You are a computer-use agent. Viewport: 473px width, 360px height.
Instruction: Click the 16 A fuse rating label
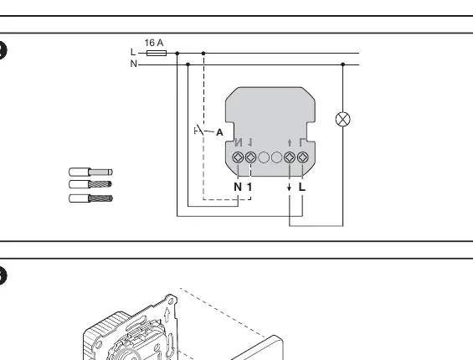point(154,43)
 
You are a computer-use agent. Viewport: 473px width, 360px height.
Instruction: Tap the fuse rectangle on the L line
point(157,53)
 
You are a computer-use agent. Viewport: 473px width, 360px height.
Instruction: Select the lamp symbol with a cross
point(343,119)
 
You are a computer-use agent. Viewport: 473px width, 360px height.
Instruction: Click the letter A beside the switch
point(219,132)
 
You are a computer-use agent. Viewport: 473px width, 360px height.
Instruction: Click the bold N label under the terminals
point(238,187)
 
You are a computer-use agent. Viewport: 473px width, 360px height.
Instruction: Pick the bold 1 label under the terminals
point(249,187)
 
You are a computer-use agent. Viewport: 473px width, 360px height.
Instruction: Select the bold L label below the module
point(302,187)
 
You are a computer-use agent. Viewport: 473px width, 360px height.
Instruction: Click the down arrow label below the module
point(290,187)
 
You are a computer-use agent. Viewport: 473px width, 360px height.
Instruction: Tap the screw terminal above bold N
point(238,157)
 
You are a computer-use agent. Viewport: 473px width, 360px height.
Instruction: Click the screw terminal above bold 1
point(250,157)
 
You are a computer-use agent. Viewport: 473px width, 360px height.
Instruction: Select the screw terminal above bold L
point(302,157)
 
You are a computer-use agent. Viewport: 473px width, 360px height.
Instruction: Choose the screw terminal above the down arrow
point(290,157)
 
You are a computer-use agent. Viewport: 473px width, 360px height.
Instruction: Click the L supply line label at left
point(133,52)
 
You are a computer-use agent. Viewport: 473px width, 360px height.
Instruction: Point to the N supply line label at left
point(134,64)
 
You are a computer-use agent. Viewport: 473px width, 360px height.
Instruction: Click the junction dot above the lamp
point(342,64)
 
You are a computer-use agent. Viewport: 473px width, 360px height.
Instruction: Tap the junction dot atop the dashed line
point(203,54)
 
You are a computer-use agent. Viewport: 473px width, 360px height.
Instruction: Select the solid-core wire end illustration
point(90,172)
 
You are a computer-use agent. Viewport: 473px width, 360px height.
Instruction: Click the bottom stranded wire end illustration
point(90,198)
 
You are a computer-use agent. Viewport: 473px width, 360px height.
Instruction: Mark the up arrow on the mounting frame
point(167,315)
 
